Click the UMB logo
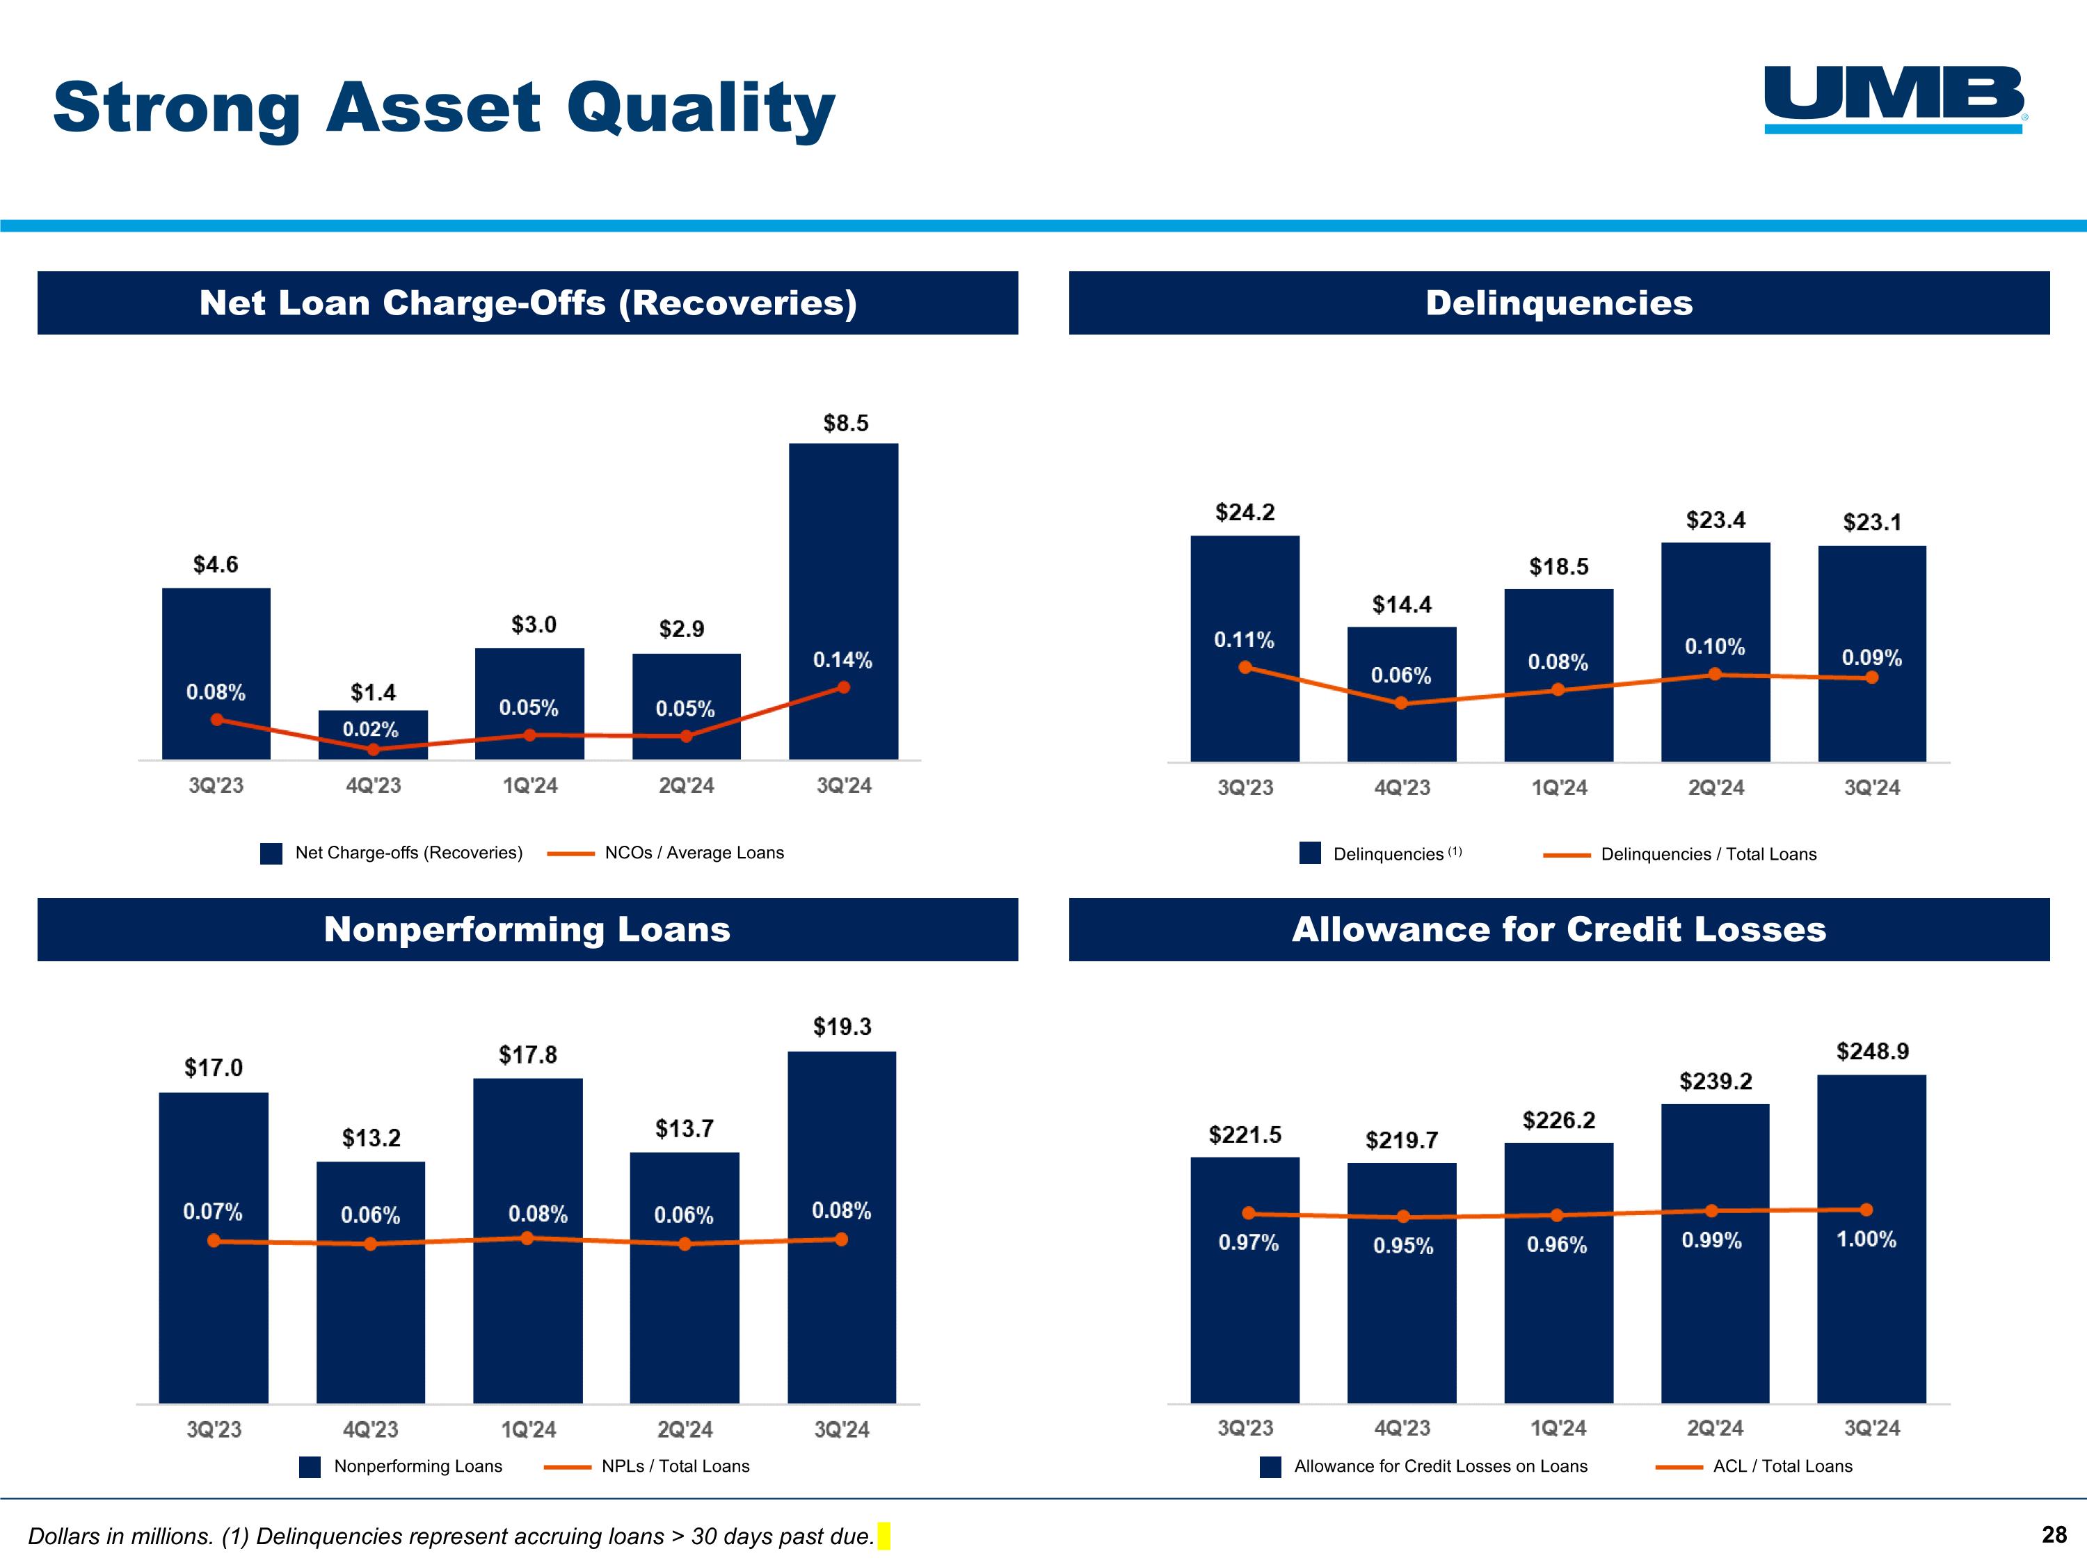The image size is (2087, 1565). [x=1894, y=98]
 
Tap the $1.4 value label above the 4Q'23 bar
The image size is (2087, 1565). [x=373, y=692]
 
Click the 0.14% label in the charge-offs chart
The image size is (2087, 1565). [x=842, y=660]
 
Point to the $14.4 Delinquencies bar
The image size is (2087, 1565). [x=1401, y=717]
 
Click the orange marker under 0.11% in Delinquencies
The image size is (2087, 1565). [x=1245, y=668]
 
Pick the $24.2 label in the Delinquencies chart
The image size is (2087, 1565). [x=1245, y=512]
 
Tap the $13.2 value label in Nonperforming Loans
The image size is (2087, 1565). [x=371, y=1138]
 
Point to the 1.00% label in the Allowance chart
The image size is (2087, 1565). [x=1865, y=1239]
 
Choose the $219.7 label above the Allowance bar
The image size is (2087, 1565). [x=1401, y=1141]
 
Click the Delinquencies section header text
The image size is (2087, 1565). [x=1559, y=303]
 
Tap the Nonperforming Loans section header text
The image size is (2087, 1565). [x=527, y=929]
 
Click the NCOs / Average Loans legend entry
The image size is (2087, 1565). [x=694, y=853]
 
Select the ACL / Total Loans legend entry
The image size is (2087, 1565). [x=1782, y=1466]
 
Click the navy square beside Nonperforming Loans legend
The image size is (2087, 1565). [x=310, y=1467]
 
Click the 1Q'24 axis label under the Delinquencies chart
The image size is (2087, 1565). [x=1559, y=787]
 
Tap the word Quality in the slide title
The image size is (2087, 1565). [x=700, y=108]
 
